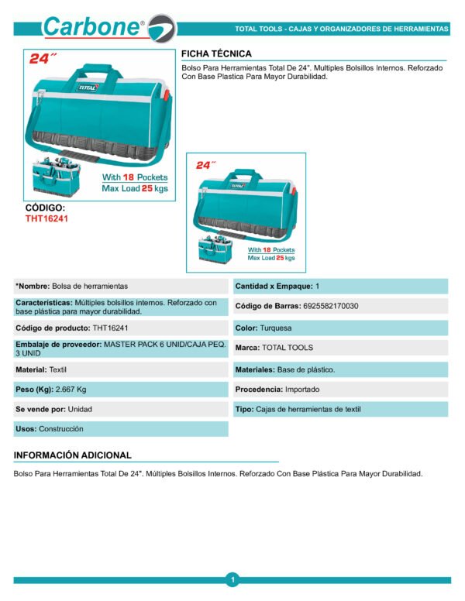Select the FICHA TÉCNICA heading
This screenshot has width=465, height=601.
tap(216, 53)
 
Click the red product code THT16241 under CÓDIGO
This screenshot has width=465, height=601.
tap(47, 219)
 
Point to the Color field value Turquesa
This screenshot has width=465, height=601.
tap(276, 328)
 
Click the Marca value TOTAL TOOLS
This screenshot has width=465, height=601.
tap(288, 348)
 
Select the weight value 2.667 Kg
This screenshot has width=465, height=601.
tap(71, 389)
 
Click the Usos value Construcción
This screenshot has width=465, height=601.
tap(61, 428)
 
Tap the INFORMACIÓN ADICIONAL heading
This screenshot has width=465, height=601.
tap(73, 455)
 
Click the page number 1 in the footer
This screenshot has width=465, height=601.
tap(232, 579)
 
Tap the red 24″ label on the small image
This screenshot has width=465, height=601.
tap(205, 165)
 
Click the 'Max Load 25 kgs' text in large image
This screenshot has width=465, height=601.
tap(134, 188)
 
